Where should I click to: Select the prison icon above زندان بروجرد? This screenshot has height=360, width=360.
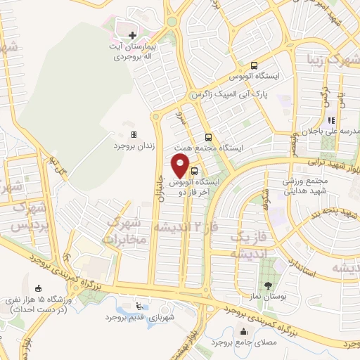click(133, 134)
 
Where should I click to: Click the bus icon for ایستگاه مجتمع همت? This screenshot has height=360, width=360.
click(208, 138)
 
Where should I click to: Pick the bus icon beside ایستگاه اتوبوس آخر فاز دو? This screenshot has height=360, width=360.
click(194, 170)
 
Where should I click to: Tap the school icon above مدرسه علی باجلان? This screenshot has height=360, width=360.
click(331, 120)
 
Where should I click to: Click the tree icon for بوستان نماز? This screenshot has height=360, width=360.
click(267, 285)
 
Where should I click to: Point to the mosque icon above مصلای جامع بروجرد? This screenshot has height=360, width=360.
click(244, 331)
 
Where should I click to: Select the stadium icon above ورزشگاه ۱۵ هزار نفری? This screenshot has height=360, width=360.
click(37, 288)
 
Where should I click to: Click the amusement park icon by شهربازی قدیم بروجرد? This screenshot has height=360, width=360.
click(139, 307)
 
